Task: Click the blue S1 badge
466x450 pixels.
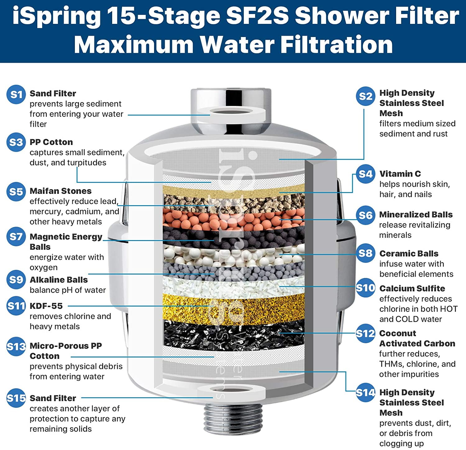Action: [x=16, y=94]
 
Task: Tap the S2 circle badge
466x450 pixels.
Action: [x=365, y=96]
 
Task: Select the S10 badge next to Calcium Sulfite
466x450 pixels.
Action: [x=365, y=288]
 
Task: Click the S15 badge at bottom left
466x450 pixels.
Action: [x=16, y=398]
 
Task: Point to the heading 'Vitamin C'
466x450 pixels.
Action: [x=400, y=174]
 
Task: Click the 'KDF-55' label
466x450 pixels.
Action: [x=46, y=306]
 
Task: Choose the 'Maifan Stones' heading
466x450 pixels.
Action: [x=61, y=191]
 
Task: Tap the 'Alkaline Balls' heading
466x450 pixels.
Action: [x=59, y=280]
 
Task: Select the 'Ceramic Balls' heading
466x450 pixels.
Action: [x=409, y=253]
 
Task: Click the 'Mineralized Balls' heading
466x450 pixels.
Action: [x=416, y=214]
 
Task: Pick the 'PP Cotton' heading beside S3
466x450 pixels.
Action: [x=51, y=142]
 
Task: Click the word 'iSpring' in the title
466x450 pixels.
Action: [x=57, y=16]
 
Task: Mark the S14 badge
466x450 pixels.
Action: [x=365, y=393]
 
